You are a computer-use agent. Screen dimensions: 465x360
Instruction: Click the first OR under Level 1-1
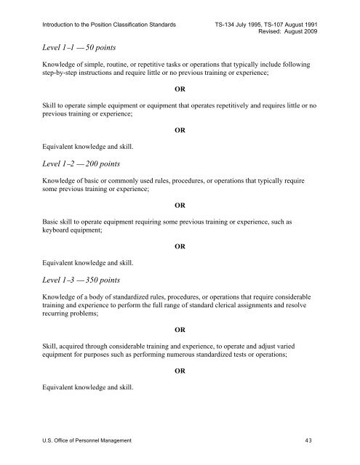coord(180,90)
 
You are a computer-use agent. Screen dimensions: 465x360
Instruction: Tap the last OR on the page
coord(180,371)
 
